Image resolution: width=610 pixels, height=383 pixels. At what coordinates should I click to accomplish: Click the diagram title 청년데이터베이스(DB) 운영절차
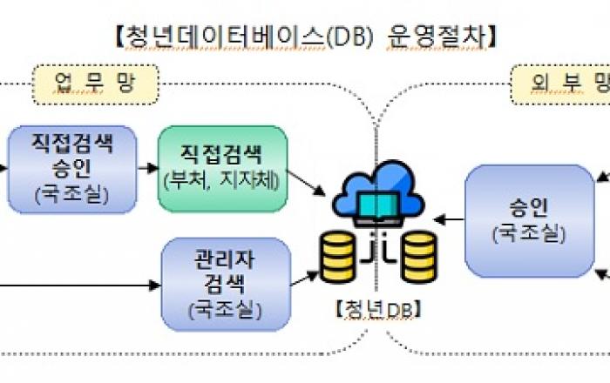click(x=305, y=36)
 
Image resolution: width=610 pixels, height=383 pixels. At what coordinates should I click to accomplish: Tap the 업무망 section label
click(x=94, y=84)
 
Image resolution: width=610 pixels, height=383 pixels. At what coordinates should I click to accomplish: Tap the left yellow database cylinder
click(x=342, y=256)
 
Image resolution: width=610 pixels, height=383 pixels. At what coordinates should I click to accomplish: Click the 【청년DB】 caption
click(x=377, y=310)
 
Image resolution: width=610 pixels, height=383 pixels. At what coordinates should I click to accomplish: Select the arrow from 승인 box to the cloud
click(x=449, y=218)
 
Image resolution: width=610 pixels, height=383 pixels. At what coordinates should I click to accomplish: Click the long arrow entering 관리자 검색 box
click(x=78, y=285)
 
